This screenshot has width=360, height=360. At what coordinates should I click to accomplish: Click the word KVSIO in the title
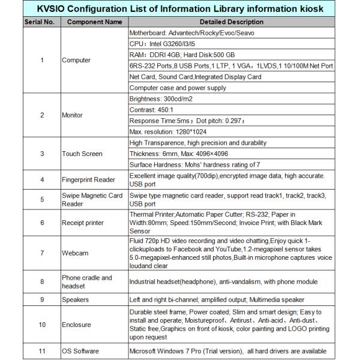[55, 9]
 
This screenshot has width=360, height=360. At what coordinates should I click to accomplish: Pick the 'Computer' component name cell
[76, 60]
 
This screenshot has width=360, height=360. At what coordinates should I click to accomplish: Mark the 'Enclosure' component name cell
[76, 325]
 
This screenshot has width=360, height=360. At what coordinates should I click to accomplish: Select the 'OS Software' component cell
[80, 351]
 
